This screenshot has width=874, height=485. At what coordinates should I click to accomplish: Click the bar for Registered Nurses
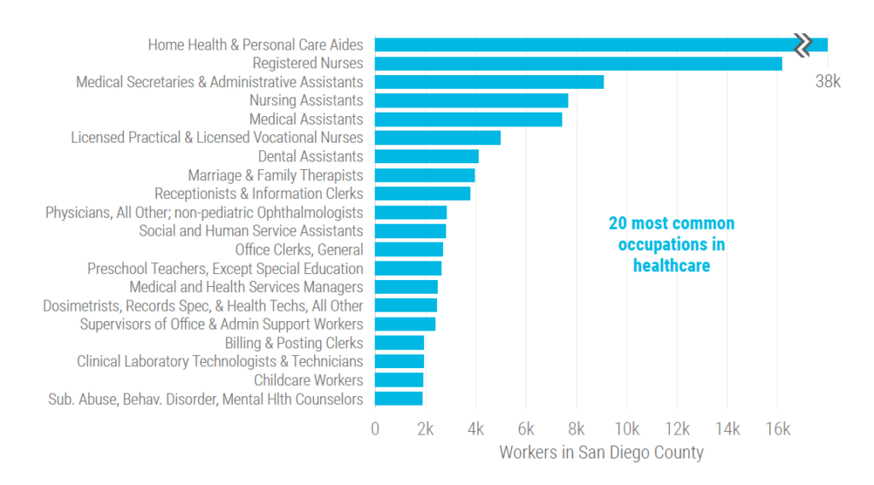point(578,63)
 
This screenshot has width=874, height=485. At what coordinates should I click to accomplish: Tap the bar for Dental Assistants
point(426,156)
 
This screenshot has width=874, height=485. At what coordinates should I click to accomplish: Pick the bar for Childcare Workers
point(399,380)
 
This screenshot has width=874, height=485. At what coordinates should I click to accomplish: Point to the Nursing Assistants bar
point(471,101)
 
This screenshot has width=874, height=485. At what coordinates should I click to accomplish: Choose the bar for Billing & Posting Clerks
point(399,342)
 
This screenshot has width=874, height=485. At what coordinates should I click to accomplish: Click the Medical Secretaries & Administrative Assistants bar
point(489,82)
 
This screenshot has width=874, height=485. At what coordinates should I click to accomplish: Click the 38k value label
point(827,82)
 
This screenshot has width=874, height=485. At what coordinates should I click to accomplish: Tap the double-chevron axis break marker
point(802,44)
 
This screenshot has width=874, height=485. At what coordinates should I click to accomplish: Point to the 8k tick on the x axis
point(576,429)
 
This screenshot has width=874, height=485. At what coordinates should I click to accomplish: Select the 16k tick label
point(777,429)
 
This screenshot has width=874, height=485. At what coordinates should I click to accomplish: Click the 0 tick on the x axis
point(375,429)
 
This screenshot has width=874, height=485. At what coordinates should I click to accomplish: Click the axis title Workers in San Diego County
point(601,453)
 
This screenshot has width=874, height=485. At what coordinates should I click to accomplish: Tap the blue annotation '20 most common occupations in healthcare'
point(671,244)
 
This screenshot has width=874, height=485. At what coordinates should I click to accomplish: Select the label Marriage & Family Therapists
point(275,175)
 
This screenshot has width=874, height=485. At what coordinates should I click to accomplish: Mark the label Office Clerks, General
point(299,249)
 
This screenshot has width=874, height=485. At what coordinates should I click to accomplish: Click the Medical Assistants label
point(306,120)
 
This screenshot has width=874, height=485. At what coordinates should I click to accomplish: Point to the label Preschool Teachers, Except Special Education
point(224,268)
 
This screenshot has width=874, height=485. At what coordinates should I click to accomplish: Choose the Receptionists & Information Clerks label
point(259,194)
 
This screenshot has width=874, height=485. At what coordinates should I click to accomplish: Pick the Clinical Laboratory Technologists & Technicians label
point(219,361)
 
